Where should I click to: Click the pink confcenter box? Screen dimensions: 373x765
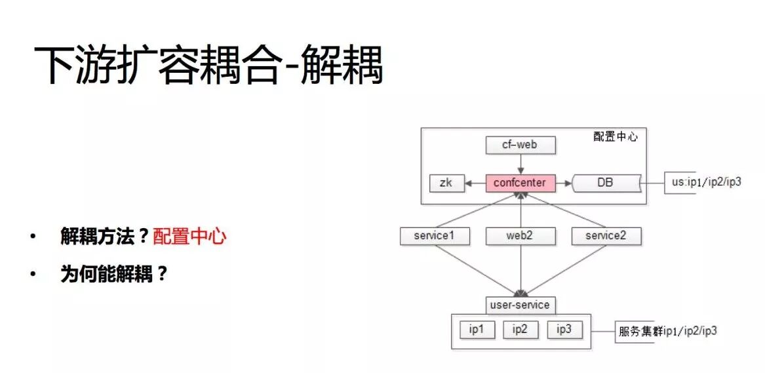tap(520, 182)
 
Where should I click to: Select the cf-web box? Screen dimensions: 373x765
tap(520, 144)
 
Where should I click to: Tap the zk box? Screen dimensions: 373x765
tap(446, 183)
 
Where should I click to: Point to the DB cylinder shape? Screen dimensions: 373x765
tap(606, 182)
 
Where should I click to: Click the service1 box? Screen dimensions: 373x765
tap(435, 236)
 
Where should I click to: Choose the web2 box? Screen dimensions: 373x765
tap(520, 236)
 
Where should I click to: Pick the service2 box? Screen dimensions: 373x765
tap(605, 236)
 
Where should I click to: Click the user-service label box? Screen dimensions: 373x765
tap(520, 305)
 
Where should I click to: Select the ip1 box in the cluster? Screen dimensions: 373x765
tap(477, 329)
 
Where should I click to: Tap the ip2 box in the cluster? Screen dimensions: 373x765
tap(520, 329)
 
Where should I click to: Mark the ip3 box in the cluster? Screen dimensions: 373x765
tap(564, 329)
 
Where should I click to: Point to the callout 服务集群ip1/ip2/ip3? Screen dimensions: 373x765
tap(667, 331)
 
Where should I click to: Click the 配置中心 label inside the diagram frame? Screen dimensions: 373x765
tap(615, 137)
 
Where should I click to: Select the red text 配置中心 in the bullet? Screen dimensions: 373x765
tap(189, 237)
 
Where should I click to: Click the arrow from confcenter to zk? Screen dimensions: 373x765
tap(475, 183)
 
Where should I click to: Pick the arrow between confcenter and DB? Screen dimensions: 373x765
tap(564, 183)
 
